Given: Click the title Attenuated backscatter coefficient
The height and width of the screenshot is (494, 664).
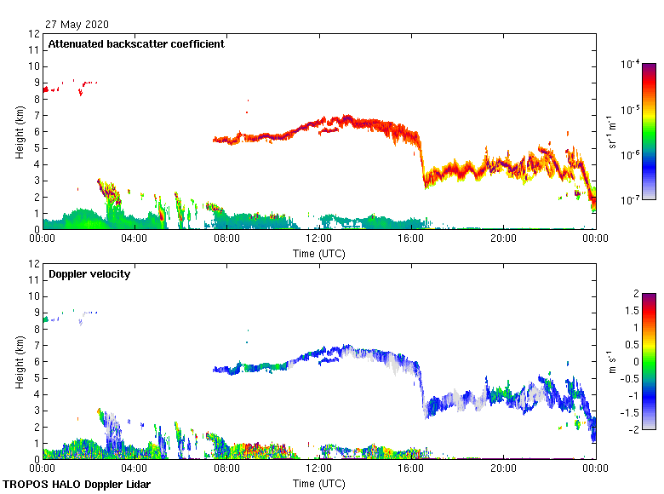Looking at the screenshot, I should tap(136, 43).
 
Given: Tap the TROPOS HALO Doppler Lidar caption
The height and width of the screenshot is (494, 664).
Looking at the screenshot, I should tap(77, 485).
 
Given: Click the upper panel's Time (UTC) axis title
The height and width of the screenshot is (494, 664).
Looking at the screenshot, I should tap(319, 253).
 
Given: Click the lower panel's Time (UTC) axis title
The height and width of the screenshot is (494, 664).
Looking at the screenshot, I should tap(319, 483).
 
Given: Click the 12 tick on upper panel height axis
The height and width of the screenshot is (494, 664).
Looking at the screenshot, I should tap(35, 34).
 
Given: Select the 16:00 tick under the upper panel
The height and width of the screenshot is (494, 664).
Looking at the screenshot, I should tap(411, 239).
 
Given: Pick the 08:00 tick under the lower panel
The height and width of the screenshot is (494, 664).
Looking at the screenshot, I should tap(227, 469).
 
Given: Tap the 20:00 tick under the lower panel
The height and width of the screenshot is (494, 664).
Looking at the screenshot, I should tap(503, 469).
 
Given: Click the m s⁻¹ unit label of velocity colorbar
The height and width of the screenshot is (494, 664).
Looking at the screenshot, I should tap(612, 361).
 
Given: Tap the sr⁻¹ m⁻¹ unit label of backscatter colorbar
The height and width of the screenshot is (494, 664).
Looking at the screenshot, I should tap(612, 131).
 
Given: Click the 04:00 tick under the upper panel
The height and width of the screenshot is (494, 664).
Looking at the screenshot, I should tap(135, 239).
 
